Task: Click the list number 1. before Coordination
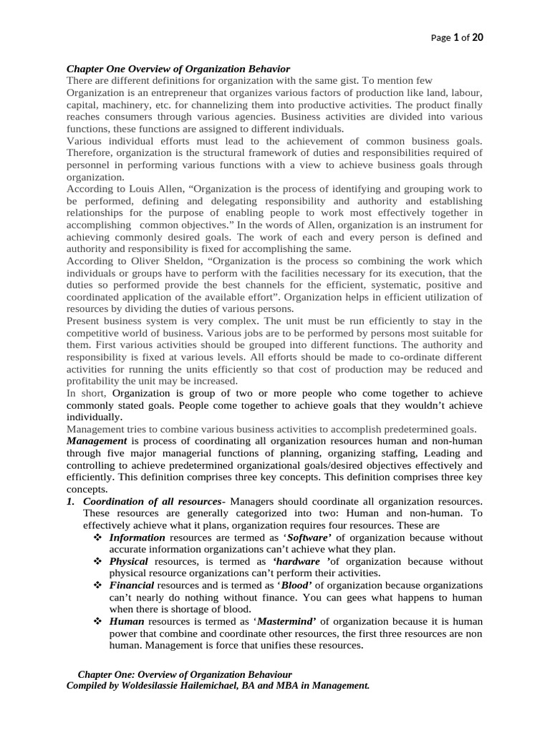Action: point(71,501)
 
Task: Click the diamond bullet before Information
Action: point(99,538)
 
